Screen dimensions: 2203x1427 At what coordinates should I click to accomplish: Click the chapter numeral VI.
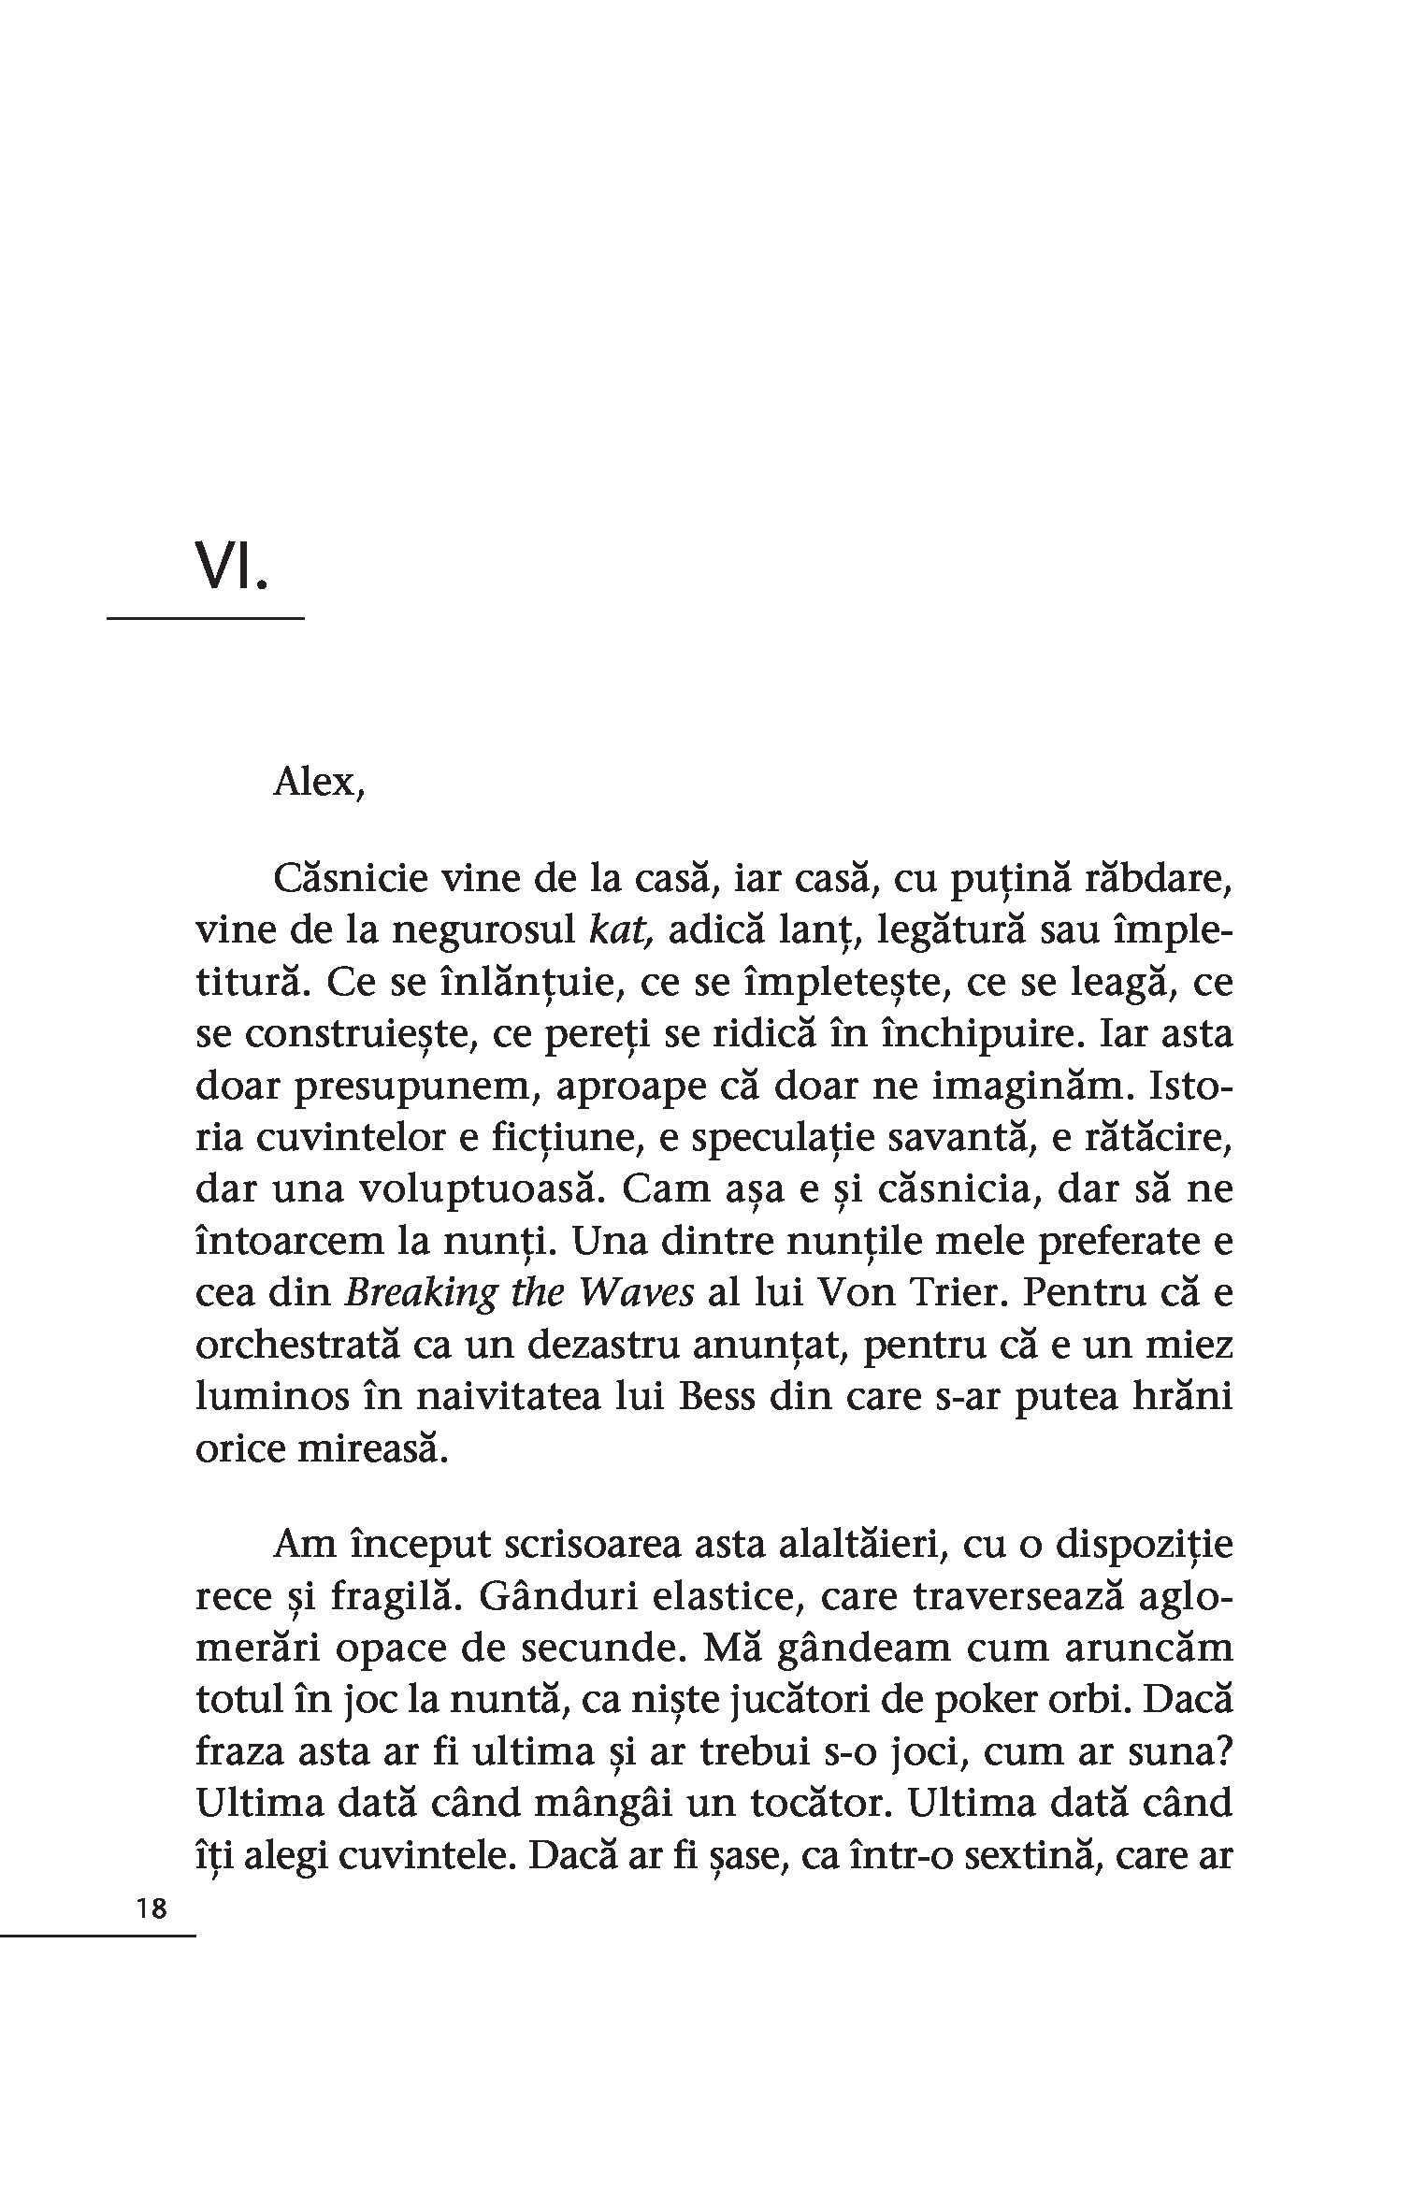click(231, 567)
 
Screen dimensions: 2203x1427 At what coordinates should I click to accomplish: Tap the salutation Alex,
click(318, 782)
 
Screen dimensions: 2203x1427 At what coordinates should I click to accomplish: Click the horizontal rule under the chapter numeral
click(205, 618)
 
